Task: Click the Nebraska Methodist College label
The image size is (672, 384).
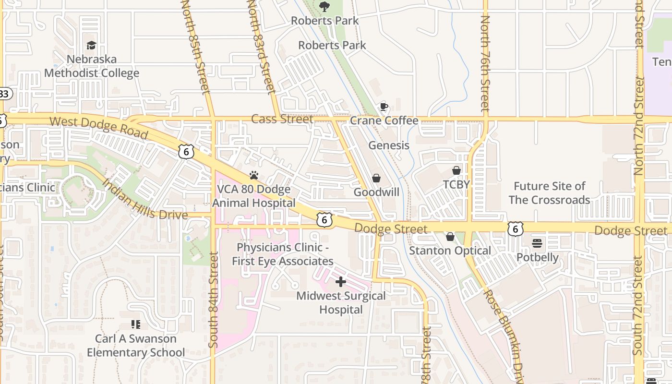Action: click(92, 66)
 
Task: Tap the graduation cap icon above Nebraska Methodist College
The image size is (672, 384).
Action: click(91, 45)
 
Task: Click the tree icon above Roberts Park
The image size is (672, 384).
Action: click(324, 6)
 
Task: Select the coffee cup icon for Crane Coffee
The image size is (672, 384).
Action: click(384, 107)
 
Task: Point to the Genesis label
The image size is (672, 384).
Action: click(389, 145)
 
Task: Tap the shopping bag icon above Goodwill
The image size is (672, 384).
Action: click(376, 178)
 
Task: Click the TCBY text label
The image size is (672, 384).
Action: click(456, 184)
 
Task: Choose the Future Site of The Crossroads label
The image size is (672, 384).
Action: click(549, 193)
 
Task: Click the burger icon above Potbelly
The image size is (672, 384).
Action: click(537, 243)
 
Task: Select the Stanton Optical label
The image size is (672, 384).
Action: click(450, 251)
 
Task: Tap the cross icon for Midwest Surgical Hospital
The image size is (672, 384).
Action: click(341, 282)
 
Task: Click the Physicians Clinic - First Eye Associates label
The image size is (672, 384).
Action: click(283, 254)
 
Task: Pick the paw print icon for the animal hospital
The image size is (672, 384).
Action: click(253, 175)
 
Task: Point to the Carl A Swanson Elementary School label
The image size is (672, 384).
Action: click(136, 346)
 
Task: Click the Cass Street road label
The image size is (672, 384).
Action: click(282, 119)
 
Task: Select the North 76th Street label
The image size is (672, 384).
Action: click(485, 62)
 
